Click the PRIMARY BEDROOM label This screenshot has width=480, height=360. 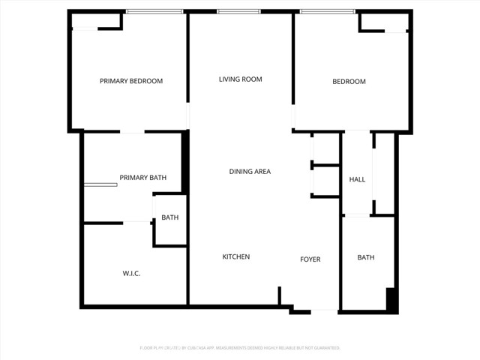[131, 81]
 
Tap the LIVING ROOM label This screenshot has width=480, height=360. [240, 79]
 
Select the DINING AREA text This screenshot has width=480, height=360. [250, 172]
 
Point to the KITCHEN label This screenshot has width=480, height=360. [235, 257]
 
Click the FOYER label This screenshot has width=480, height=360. [310, 259]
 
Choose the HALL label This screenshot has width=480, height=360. [357, 179]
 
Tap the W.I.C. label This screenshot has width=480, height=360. [131, 274]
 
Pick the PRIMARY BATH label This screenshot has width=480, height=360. [142, 178]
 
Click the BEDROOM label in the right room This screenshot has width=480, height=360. [349, 81]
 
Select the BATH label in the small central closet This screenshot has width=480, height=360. [170, 218]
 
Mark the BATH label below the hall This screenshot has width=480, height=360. [365, 258]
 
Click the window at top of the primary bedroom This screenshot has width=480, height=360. [154, 11]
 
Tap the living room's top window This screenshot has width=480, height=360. [238, 11]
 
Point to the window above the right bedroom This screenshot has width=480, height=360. [327, 11]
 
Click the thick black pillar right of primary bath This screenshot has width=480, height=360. [185, 161]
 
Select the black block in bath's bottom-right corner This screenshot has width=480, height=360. [391, 298]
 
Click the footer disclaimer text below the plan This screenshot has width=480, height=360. [240, 348]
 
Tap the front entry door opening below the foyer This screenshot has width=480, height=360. [324, 310]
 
